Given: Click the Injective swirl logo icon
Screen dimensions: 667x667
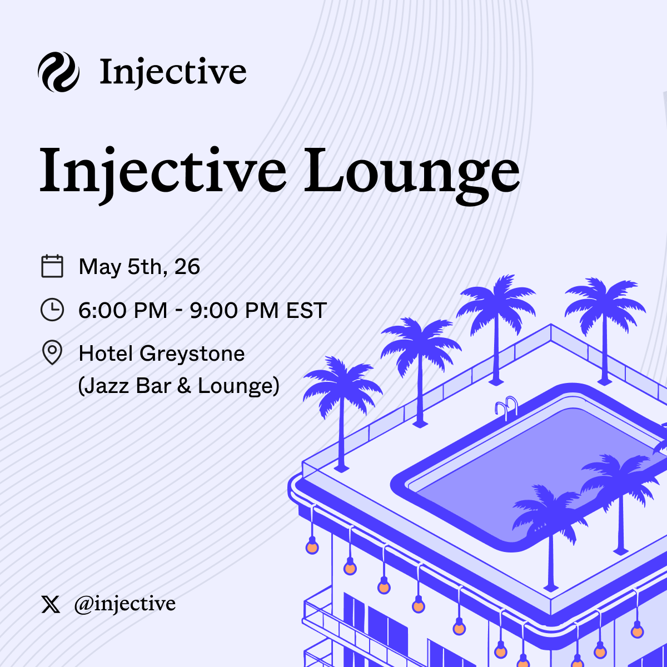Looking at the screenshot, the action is pyautogui.click(x=58, y=72).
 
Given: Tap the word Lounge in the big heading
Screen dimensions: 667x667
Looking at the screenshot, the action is pyautogui.click(x=411, y=175).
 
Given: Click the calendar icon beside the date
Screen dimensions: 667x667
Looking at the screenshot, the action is pyautogui.click(x=52, y=266).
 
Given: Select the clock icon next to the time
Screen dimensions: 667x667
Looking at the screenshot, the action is pyautogui.click(x=52, y=310).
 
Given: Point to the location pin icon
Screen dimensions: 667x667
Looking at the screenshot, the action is pyautogui.click(x=52, y=352).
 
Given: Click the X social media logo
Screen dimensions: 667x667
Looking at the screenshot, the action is pyautogui.click(x=51, y=604).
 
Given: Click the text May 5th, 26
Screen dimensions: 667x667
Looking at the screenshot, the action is pyautogui.click(x=139, y=267).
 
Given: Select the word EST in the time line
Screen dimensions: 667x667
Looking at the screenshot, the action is pyautogui.click(x=306, y=310).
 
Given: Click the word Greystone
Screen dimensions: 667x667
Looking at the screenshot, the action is pyautogui.click(x=192, y=354).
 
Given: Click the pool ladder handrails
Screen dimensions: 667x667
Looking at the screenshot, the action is pyautogui.click(x=506, y=407).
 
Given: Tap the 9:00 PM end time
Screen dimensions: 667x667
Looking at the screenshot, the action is pyautogui.click(x=235, y=310).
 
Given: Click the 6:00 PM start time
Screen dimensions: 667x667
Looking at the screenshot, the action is pyautogui.click(x=123, y=310).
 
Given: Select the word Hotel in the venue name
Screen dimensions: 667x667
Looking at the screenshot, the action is pyautogui.click(x=106, y=354).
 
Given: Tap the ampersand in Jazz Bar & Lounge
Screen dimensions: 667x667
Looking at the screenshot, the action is pyautogui.click(x=184, y=386).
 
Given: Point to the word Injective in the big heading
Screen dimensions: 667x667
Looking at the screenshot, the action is pyautogui.click(x=163, y=175).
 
